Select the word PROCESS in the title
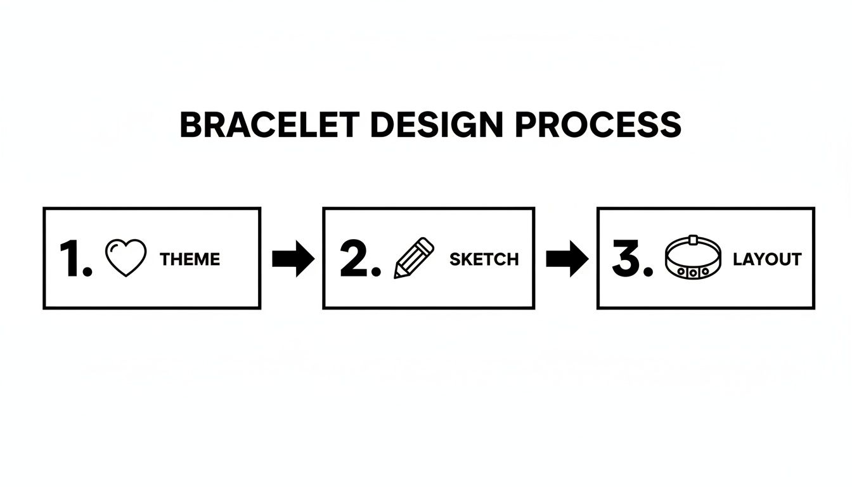(x=597, y=125)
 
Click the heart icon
(x=126, y=257)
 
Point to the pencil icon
(x=414, y=257)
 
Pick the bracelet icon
(x=694, y=258)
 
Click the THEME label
(x=190, y=259)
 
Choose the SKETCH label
(x=484, y=259)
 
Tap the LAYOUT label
(x=766, y=259)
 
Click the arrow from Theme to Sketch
(x=292, y=259)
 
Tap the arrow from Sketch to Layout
(x=567, y=259)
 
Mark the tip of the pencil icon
(x=397, y=275)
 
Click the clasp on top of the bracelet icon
(x=694, y=240)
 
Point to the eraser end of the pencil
(x=428, y=243)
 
